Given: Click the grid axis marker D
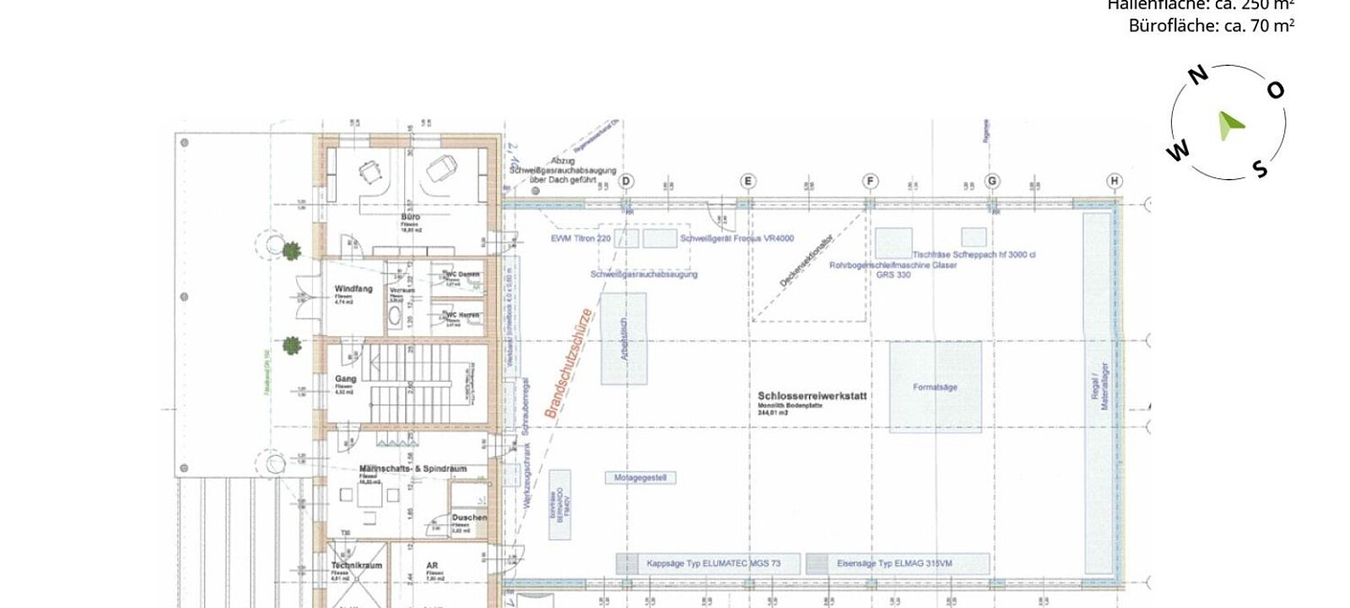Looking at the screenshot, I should click(626, 181).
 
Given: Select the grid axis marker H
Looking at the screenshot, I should click(1115, 181).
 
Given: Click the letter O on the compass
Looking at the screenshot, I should click(1276, 90).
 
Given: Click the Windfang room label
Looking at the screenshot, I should click(353, 289).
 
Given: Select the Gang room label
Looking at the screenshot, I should click(345, 379).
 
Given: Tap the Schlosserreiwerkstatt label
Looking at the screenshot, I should click(812, 395).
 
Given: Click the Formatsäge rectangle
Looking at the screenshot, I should click(935, 387).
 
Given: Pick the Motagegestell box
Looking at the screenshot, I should click(640, 478).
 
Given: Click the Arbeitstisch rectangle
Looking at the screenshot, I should click(624, 339).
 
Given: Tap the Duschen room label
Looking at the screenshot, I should click(468, 518).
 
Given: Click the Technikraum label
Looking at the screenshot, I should click(356, 566).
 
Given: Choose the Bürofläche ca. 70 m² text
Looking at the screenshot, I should click(1211, 26).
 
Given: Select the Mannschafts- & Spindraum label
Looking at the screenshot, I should click(413, 469).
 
